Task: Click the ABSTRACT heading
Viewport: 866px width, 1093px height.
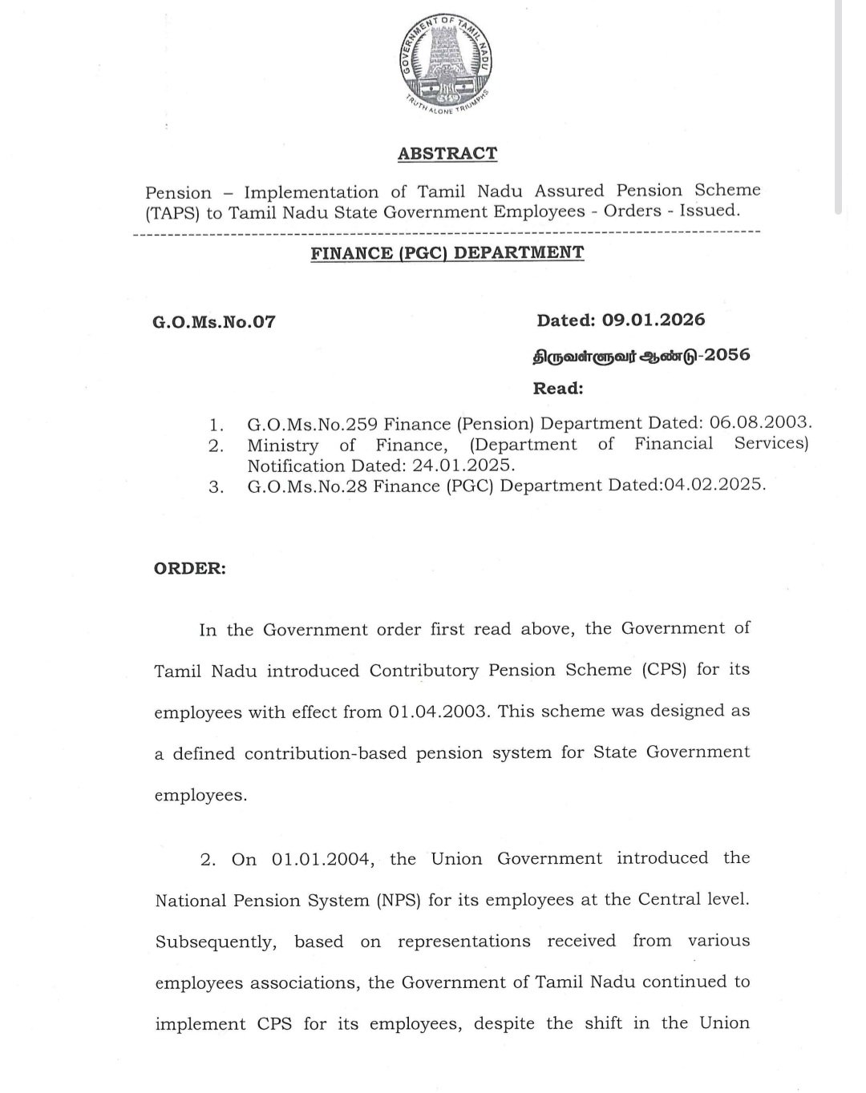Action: pos(447,153)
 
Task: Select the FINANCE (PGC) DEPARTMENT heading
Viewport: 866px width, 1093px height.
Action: pos(447,252)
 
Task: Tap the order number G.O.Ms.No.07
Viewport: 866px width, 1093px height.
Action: pos(213,322)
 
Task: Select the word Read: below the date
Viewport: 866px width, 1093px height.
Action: pos(558,389)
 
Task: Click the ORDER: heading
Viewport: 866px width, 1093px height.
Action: pos(189,568)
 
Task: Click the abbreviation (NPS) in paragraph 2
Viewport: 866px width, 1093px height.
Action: pos(397,900)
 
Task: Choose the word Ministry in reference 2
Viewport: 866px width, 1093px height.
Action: pos(282,445)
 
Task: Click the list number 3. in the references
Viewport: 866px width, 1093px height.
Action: pos(216,487)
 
